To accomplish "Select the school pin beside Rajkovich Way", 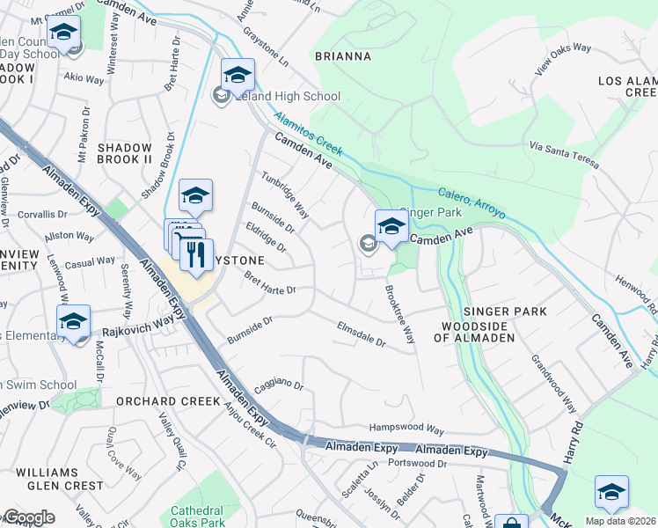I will (x=74, y=322).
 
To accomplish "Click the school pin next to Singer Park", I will (x=391, y=227).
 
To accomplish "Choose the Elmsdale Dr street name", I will (x=362, y=334).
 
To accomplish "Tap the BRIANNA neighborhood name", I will (x=343, y=56).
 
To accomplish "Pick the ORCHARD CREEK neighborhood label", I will (x=160, y=401).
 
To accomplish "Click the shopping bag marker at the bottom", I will (x=511, y=522).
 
